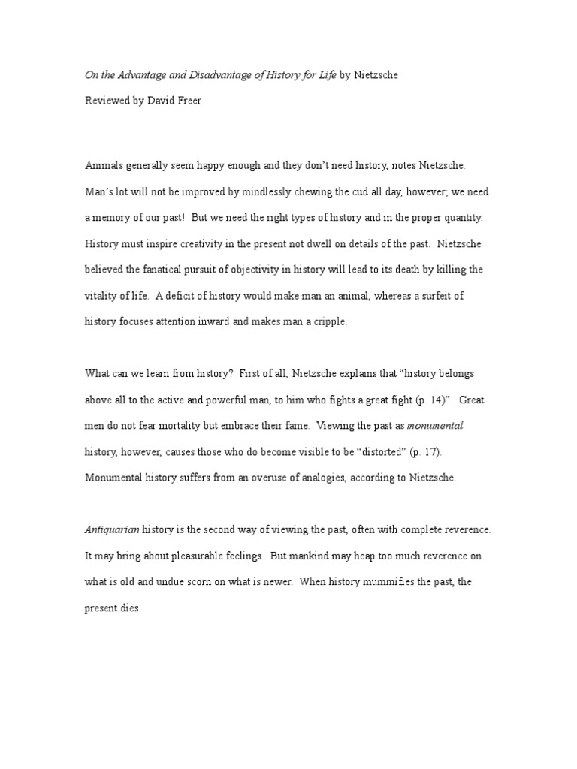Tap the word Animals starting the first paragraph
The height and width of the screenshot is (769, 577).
(105, 164)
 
